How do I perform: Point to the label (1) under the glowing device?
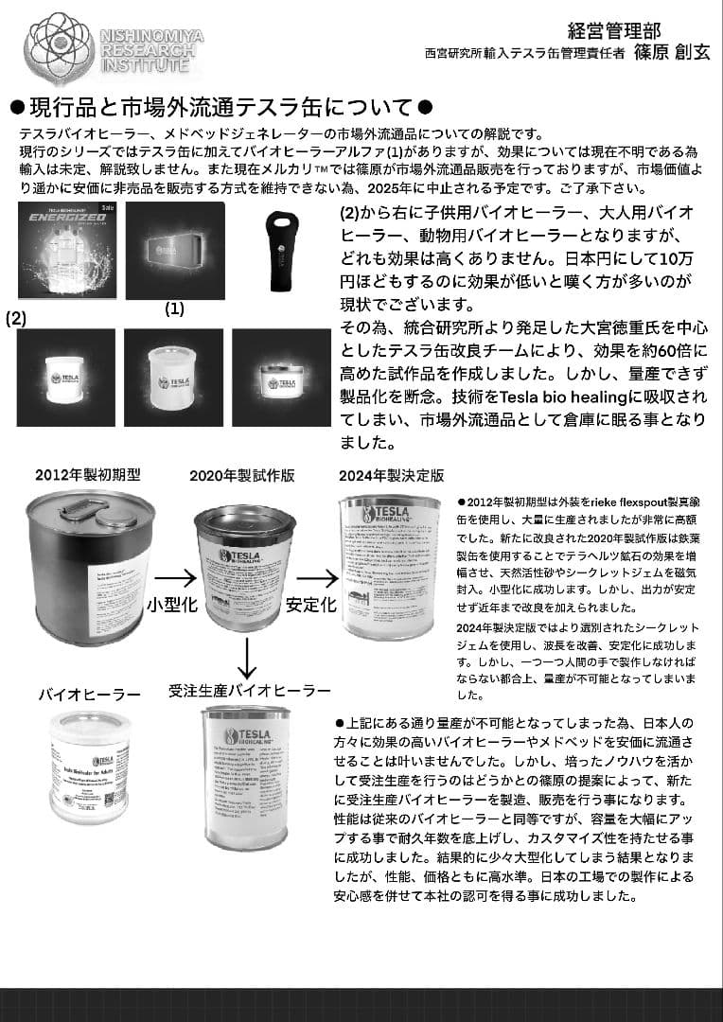(x=175, y=308)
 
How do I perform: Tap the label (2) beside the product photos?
(x=16, y=319)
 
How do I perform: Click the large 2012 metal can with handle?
(x=90, y=568)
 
